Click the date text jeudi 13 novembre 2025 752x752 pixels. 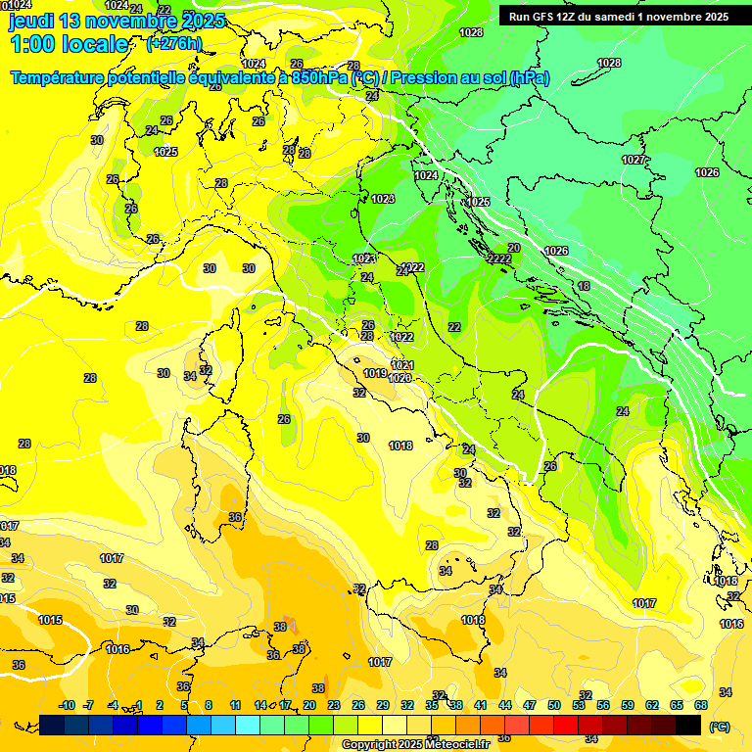click(117, 21)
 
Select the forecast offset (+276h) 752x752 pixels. click(174, 44)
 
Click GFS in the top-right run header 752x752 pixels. click(542, 17)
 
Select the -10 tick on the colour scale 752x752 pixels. click(67, 705)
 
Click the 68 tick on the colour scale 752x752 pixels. click(701, 705)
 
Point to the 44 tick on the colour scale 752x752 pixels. click(505, 705)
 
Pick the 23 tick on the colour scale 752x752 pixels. click(334, 705)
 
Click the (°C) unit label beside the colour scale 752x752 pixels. click(720, 727)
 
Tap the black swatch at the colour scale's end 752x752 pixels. click(689, 725)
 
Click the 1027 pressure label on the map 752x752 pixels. click(634, 160)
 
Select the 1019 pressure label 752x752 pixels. click(374, 373)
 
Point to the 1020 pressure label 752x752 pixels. click(399, 378)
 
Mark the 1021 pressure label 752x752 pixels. click(403, 365)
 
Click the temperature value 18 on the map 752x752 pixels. click(584, 286)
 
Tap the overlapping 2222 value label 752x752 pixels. click(499, 258)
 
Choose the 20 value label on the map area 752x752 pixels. click(514, 248)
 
